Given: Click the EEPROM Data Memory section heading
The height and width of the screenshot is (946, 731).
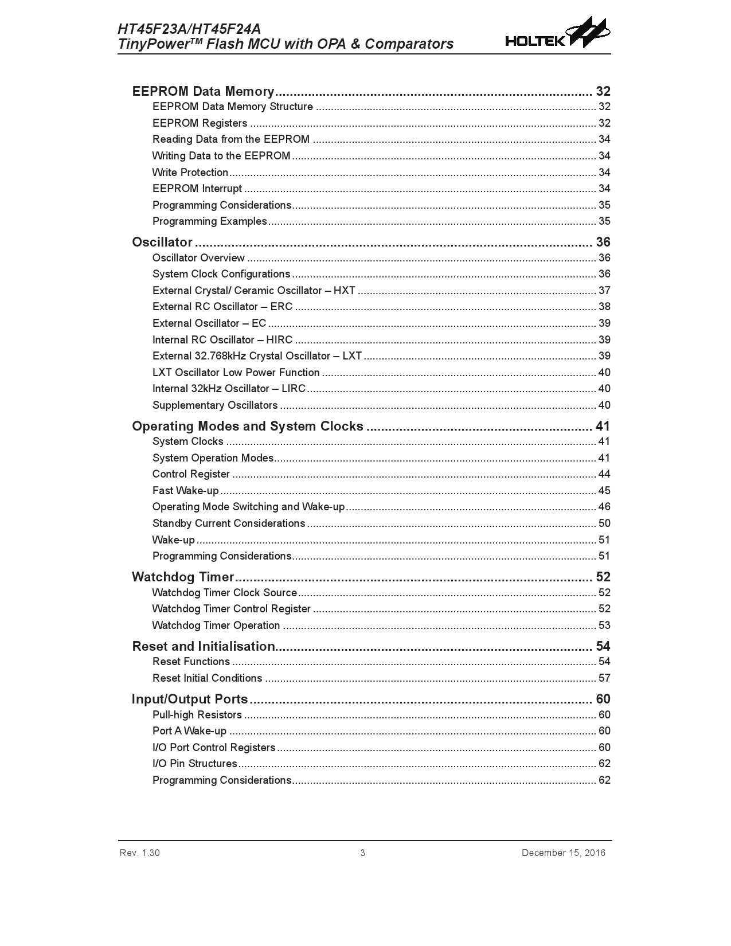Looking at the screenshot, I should click(204, 91).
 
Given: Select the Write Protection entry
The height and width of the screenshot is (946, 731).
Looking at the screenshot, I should click(190, 173).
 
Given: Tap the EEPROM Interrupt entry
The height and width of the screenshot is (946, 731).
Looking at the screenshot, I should click(197, 189).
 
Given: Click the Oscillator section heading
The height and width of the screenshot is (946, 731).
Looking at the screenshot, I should click(162, 242).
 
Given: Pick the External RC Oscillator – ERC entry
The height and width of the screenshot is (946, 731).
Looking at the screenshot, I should click(222, 307).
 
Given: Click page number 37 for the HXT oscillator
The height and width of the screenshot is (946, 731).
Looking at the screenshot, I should click(604, 291).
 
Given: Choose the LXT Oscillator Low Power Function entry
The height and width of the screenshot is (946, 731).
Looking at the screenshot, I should click(236, 373).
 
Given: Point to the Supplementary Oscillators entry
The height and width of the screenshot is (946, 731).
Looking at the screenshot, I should click(215, 405).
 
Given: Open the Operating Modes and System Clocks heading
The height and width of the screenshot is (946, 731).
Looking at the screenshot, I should click(248, 426).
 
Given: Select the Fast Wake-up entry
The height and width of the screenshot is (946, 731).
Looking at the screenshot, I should click(186, 491).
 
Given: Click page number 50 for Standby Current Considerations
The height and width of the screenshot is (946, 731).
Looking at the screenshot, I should click(604, 523).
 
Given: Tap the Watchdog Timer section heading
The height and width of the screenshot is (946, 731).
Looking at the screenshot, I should click(183, 577).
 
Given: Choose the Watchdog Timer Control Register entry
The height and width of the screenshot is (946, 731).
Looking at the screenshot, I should click(232, 609).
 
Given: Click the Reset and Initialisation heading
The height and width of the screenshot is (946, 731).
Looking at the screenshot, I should click(204, 646).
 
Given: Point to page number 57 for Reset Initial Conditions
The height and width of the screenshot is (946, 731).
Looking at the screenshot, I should click(604, 678).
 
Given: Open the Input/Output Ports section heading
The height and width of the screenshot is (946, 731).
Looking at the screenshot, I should click(190, 699).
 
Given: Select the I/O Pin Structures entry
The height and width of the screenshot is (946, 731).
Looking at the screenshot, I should click(195, 764).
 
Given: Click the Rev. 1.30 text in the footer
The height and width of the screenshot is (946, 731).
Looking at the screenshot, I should click(140, 853).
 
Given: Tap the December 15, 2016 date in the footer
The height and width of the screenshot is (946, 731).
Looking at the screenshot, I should click(563, 853).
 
